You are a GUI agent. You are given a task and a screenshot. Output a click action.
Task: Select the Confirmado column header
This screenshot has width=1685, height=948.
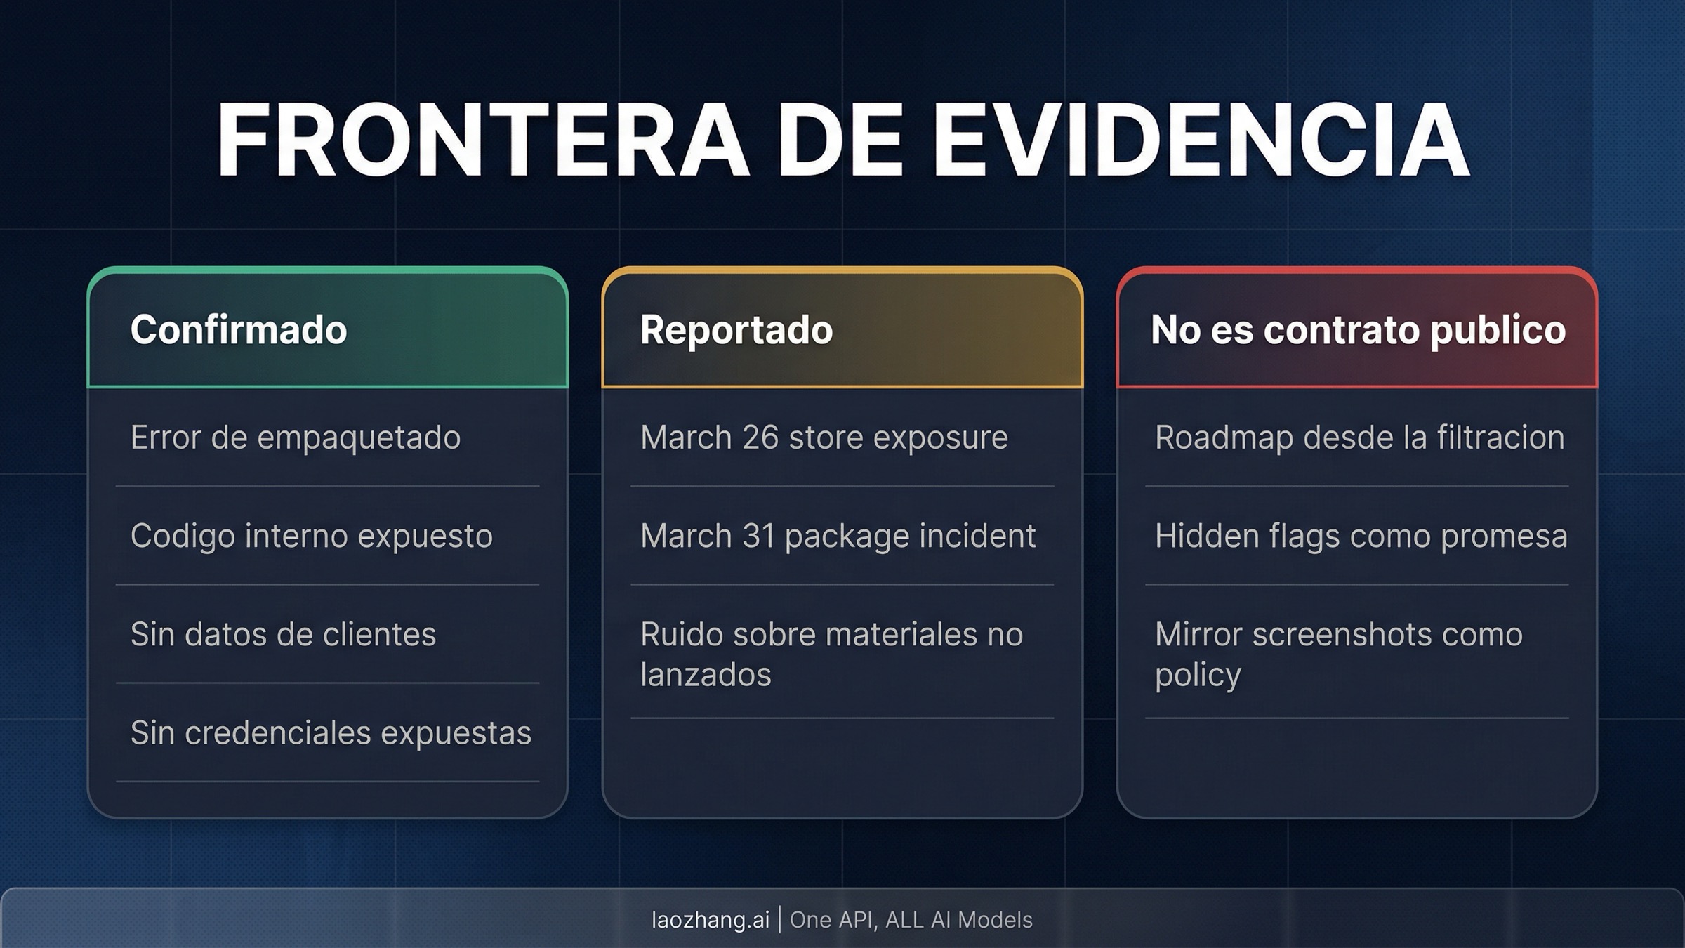pos(239,329)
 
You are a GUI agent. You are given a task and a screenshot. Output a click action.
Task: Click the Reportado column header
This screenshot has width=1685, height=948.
pos(736,329)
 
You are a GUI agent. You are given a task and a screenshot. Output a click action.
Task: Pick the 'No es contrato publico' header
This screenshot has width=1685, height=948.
pos(1358,329)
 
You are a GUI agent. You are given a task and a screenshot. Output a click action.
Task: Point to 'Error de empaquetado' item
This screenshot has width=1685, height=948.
pos(296,437)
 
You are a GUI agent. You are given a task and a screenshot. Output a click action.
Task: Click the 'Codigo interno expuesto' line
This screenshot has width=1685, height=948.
pos(312,536)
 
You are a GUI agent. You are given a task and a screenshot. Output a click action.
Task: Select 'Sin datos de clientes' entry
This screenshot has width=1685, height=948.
pos(283,634)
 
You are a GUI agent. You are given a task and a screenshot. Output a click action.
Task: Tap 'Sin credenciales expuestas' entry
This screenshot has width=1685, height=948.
pos(331,732)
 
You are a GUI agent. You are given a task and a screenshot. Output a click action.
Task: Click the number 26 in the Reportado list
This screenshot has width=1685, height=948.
pos(760,437)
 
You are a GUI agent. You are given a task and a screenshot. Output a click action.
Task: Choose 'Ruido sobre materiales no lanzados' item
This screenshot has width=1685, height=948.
pos(831,654)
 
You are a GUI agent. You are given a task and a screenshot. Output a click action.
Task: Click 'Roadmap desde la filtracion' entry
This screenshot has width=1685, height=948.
pos(1359,437)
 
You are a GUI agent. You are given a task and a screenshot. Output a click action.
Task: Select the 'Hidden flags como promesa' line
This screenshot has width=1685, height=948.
pos(1361,536)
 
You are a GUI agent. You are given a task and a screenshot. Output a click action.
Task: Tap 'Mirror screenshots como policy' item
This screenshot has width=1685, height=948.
pos(1338,654)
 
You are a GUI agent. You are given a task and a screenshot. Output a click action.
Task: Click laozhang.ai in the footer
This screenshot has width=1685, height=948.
pos(711,919)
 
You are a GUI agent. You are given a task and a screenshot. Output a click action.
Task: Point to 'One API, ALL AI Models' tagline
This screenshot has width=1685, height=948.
pos(911,919)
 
